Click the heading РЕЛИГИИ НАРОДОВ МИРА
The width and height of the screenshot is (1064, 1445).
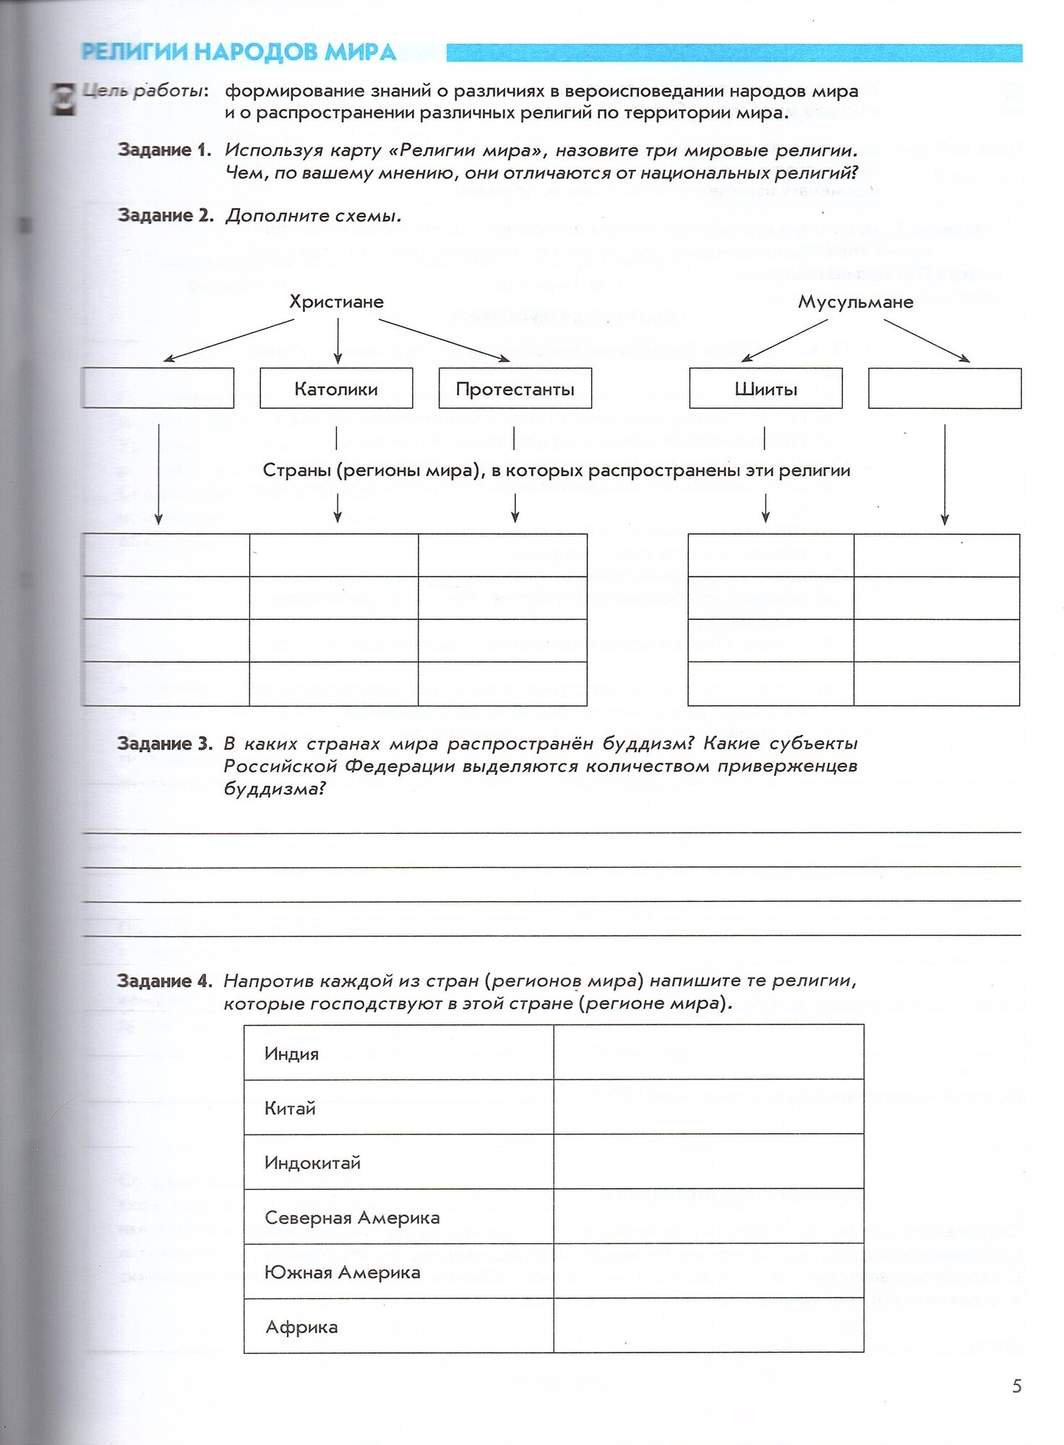(x=239, y=52)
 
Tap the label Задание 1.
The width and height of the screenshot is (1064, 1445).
(x=164, y=150)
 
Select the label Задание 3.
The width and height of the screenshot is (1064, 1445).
(x=164, y=743)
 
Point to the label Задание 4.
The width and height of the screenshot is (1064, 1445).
(x=164, y=980)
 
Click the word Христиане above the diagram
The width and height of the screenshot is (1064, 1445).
(x=336, y=302)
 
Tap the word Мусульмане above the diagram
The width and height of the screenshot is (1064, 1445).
(x=855, y=302)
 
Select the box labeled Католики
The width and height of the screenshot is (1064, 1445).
(x=336, y=389)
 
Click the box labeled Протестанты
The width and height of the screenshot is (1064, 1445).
(x=515, y=389)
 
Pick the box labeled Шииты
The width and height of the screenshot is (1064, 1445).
(x=765, y=389)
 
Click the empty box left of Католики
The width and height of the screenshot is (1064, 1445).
(x=158, y=389)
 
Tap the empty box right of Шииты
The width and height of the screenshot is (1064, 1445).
(x=944, y=389)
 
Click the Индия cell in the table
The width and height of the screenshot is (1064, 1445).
(x=291, y=1053)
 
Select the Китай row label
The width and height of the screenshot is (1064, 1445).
(x=290, y=1108)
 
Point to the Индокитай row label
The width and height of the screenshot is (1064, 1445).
(x=312, y=1163)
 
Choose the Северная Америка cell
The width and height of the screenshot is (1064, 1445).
(x=352, y=1217)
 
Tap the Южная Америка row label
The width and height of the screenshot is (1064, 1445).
(x=342, y=1272)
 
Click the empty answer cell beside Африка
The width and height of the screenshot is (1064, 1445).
(x=708, y=1327)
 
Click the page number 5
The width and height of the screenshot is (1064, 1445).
(x=1016, y=1386)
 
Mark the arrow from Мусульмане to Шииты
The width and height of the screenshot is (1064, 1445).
(x=784, y=340)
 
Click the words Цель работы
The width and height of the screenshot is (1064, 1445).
(x=145, y=91)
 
